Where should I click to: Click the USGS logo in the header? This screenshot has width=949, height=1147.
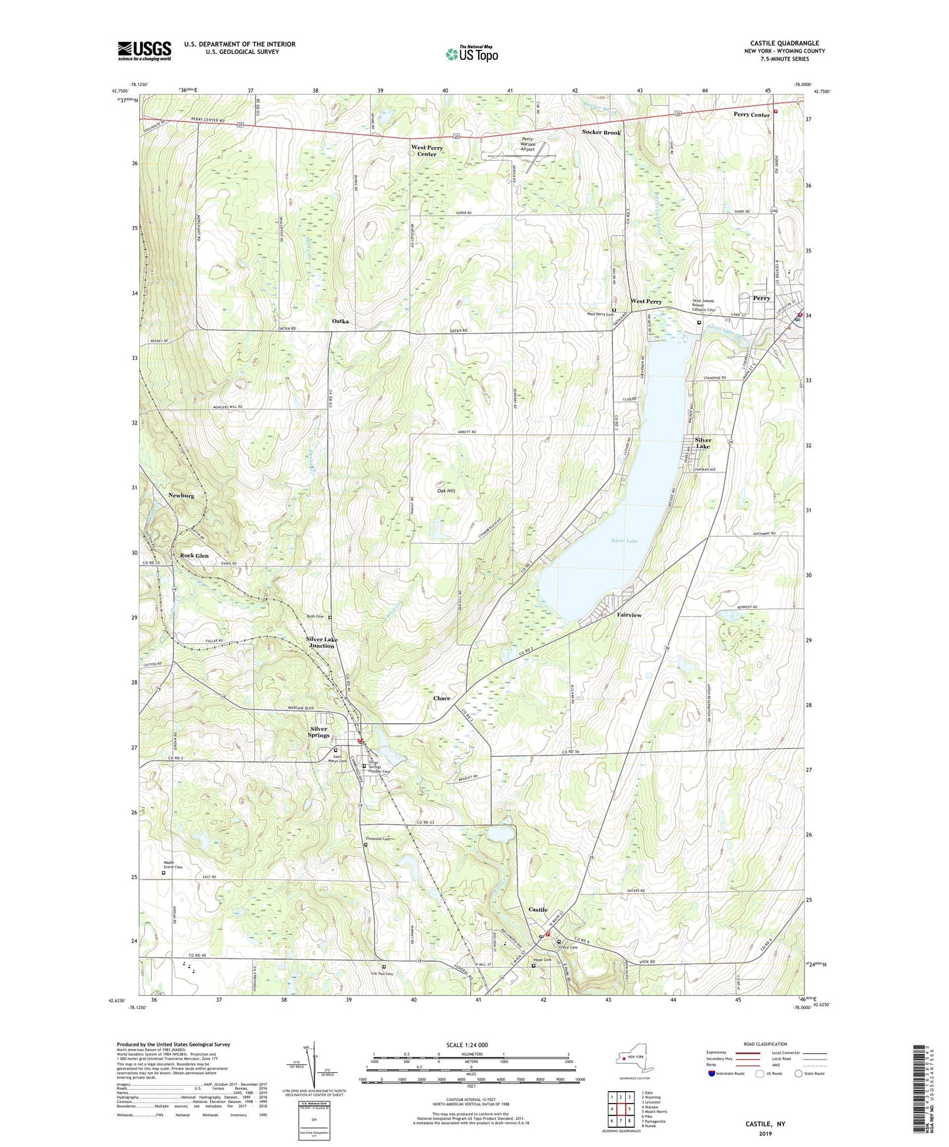click(144, 51)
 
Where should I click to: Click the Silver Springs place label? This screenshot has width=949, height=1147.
click(319, 732)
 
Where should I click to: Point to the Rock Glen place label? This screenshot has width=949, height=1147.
click(194, 556)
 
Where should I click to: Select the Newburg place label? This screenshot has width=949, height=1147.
click(181, 496)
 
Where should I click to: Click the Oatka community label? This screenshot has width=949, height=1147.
click(340, 321)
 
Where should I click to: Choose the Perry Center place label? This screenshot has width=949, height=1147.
click(751, 115)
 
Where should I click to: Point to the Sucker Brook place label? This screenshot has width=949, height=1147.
click(601, 133)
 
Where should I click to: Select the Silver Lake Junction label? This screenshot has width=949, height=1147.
click(322, 642)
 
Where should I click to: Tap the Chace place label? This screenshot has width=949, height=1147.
click(442, 698)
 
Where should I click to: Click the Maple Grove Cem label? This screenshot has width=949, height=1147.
click(173, 866)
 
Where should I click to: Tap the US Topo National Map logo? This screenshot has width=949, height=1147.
click(472, 54)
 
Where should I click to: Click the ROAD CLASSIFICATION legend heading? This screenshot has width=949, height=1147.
click(765, 1044)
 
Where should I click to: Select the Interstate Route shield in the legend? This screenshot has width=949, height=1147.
click(713, 1073)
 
